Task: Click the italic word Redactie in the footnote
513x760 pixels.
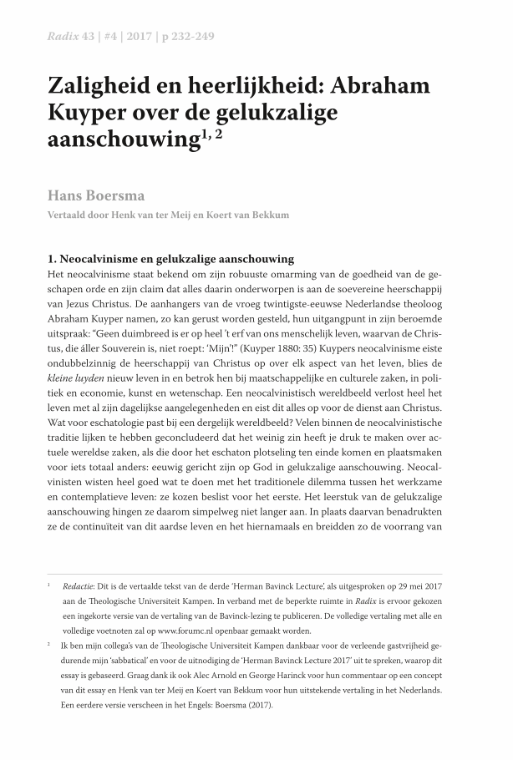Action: [81, 585]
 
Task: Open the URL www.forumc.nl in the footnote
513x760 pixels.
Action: [189, 631]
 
